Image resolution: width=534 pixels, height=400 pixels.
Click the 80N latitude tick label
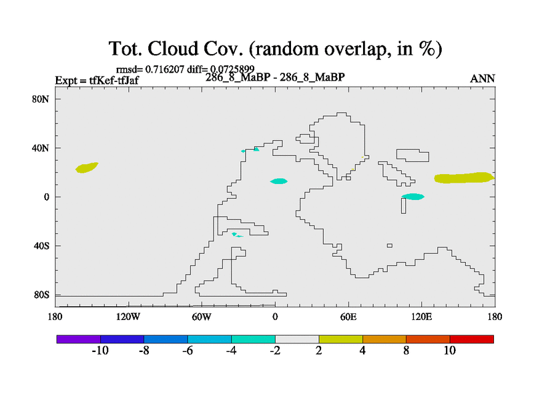pos(41,99)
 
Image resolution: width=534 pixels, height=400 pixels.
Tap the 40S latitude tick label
pos(41,245)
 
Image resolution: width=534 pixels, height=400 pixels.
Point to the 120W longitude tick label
pos(128,317)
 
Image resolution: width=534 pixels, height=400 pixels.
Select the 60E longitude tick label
pos(348,317)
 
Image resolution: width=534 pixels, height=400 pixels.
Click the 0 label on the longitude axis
pos(275,317)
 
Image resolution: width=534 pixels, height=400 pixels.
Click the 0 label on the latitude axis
pos(47,197)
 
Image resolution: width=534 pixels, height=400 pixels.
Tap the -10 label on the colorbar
pos(100,351)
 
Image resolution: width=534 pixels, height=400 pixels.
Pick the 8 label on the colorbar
pos(406,351)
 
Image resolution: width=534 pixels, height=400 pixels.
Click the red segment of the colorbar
pos(472,339)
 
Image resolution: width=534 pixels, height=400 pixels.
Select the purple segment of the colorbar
pos(79,339)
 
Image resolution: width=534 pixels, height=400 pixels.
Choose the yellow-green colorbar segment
pos(340,339)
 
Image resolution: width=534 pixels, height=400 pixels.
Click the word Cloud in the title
pos(173,48)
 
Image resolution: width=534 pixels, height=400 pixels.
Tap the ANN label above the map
pos(482,79)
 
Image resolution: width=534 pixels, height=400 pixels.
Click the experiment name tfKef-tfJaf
pos(113,81)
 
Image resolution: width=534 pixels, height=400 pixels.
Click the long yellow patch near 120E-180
pos(464,178)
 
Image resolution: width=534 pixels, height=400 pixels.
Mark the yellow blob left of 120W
pos(87,168)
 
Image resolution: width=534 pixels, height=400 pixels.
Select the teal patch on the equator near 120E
pos(413,197)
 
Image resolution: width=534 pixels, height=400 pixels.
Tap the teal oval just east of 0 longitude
pos(279,181)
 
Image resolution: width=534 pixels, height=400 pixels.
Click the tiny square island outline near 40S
pos(390,245)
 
